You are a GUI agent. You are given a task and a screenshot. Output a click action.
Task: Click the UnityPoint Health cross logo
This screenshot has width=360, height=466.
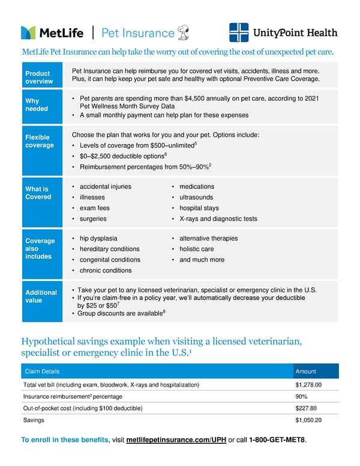point(239,32)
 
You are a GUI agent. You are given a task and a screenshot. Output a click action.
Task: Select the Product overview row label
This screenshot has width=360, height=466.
point(38,77)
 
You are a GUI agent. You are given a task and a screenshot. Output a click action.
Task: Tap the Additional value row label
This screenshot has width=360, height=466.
point(41,297)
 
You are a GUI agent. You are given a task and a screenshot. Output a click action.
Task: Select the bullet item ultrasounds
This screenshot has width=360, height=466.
point(196,198)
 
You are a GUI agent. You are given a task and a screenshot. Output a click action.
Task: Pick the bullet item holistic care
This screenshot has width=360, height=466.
point(196,249)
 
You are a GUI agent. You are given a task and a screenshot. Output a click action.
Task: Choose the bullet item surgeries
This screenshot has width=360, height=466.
point(93,219)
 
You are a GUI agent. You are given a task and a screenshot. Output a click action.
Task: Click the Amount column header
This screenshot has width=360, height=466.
point(305,372)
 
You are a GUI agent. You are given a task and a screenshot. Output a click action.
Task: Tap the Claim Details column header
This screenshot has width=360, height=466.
point(41,372)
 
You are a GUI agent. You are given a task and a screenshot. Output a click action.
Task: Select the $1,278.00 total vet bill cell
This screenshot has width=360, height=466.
point(308,385)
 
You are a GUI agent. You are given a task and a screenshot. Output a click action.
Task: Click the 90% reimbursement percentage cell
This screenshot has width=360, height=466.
point(302,397)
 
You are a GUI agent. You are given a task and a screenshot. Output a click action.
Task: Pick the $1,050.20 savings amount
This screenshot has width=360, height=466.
point(308,420)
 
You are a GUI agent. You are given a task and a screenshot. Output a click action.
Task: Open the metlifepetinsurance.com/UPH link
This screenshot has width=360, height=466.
point(176,440)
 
